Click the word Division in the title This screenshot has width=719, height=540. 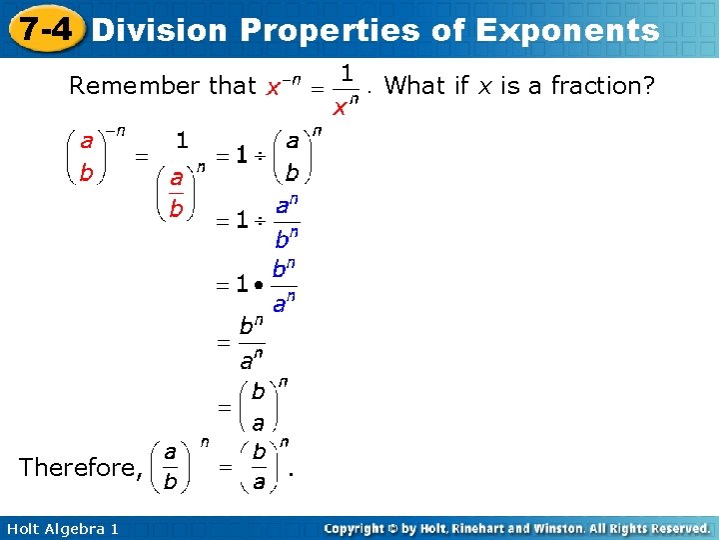pos(160,30)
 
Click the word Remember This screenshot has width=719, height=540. pos(134,86)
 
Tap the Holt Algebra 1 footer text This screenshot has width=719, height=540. pos(61,528)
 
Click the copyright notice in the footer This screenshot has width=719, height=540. pos(517,528)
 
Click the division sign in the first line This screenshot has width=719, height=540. pos(261,156)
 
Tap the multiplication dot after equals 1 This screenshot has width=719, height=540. pos(258,286)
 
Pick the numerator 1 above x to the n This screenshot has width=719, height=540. pos(346,73)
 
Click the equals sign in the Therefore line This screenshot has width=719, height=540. pos(226,467)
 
